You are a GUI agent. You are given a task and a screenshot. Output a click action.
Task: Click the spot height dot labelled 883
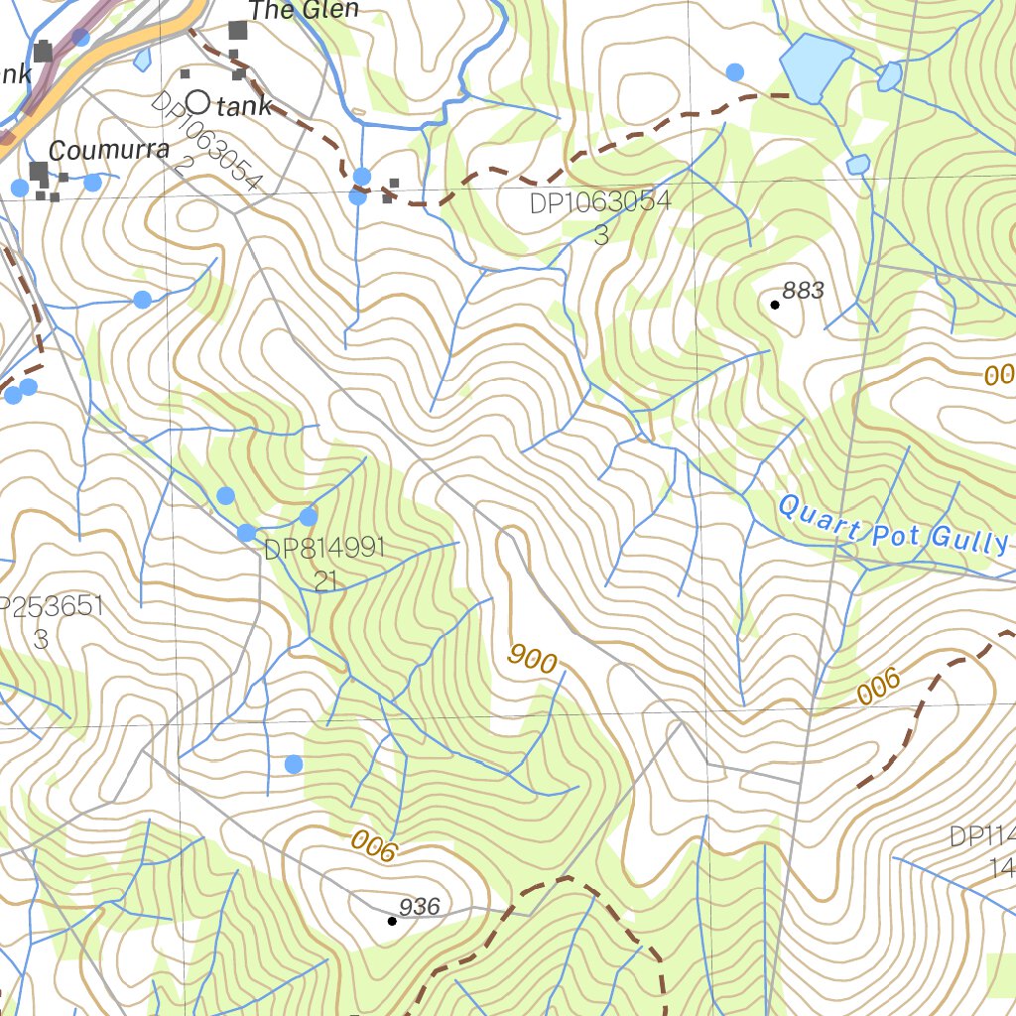(x=775, y=305)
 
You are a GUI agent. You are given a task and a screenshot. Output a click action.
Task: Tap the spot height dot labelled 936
(x=392, y=921)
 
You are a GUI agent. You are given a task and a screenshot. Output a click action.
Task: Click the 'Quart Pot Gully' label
(x=892, y=525)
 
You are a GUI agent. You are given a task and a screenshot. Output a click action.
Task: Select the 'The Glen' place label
(x=303, y=11)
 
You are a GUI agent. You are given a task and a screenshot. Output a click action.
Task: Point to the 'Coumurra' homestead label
(x=109, y=152)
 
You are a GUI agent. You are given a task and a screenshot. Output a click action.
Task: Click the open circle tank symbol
(x=197, y=102)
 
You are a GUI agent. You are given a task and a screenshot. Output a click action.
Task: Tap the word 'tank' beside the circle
(x=243, y=107)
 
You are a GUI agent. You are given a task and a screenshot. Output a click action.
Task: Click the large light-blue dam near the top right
(x=816, y=67)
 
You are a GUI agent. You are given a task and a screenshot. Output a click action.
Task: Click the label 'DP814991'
(x=323, y=550)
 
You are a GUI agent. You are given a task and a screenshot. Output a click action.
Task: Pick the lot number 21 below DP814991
(x=325, y=582)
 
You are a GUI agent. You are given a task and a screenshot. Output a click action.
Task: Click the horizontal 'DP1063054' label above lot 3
(x=599, y=203)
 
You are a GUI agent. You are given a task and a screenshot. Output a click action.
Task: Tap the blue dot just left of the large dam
(x=734, y=71)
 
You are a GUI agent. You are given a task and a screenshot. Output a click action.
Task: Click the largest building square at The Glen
(x=237, y=30)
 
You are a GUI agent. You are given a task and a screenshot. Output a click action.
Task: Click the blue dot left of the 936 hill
(x=293, y=763)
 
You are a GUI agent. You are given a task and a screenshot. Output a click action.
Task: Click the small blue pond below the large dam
(x=857, y=165)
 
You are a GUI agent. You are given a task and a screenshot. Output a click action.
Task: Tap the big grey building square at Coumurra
(x=38, y=173)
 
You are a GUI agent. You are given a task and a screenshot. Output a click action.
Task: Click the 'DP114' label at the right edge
(x=982, y=836)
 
